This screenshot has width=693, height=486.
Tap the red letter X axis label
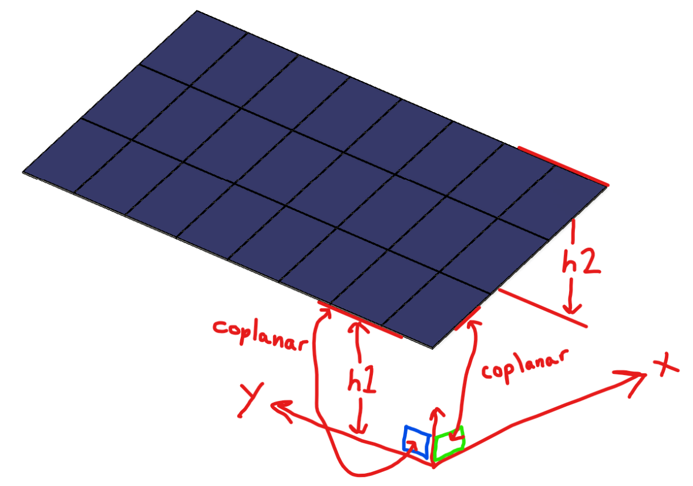pos(664,367)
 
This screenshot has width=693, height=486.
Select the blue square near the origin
pos(416,440)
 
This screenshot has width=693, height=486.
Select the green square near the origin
pos(449,441)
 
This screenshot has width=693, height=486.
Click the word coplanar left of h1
pos(260,334)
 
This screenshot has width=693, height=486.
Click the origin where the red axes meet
pos(434,465)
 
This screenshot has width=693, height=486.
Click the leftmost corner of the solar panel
pos(24,172)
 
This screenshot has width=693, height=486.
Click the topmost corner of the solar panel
pos(197,11)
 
